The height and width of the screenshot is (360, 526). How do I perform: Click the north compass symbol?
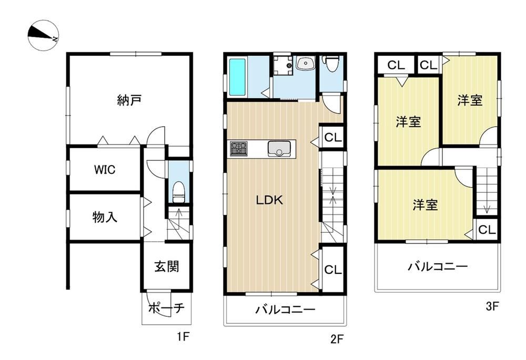coord(43,35)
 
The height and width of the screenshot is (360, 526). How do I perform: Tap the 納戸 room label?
coord(129,100)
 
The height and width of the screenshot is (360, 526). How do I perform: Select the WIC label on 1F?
coord(105,170)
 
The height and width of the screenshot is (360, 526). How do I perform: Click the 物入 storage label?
coord(105,217)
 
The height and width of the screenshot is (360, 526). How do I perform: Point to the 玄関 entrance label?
coord(166,266)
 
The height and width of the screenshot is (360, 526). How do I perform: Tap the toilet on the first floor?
coord(178,192)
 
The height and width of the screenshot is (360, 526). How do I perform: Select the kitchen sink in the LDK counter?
coord(279,149)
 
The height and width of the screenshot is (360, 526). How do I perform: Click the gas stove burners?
coord(239,149)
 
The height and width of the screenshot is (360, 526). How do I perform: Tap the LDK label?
coord(269,200)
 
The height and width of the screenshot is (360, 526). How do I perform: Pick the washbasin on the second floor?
coord(305,63)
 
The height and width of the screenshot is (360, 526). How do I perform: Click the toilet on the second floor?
coord(331,64)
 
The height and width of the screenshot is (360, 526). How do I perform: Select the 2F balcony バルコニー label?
coord(286,309)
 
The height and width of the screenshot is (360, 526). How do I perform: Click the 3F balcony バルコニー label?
coord(438,266)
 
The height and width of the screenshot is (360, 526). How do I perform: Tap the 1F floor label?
coord(184,336)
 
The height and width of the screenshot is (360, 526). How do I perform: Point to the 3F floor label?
coord(492,306)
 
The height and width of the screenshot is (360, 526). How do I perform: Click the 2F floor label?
coord(337,340)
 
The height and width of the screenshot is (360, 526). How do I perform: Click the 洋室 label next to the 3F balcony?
coord(425,205)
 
